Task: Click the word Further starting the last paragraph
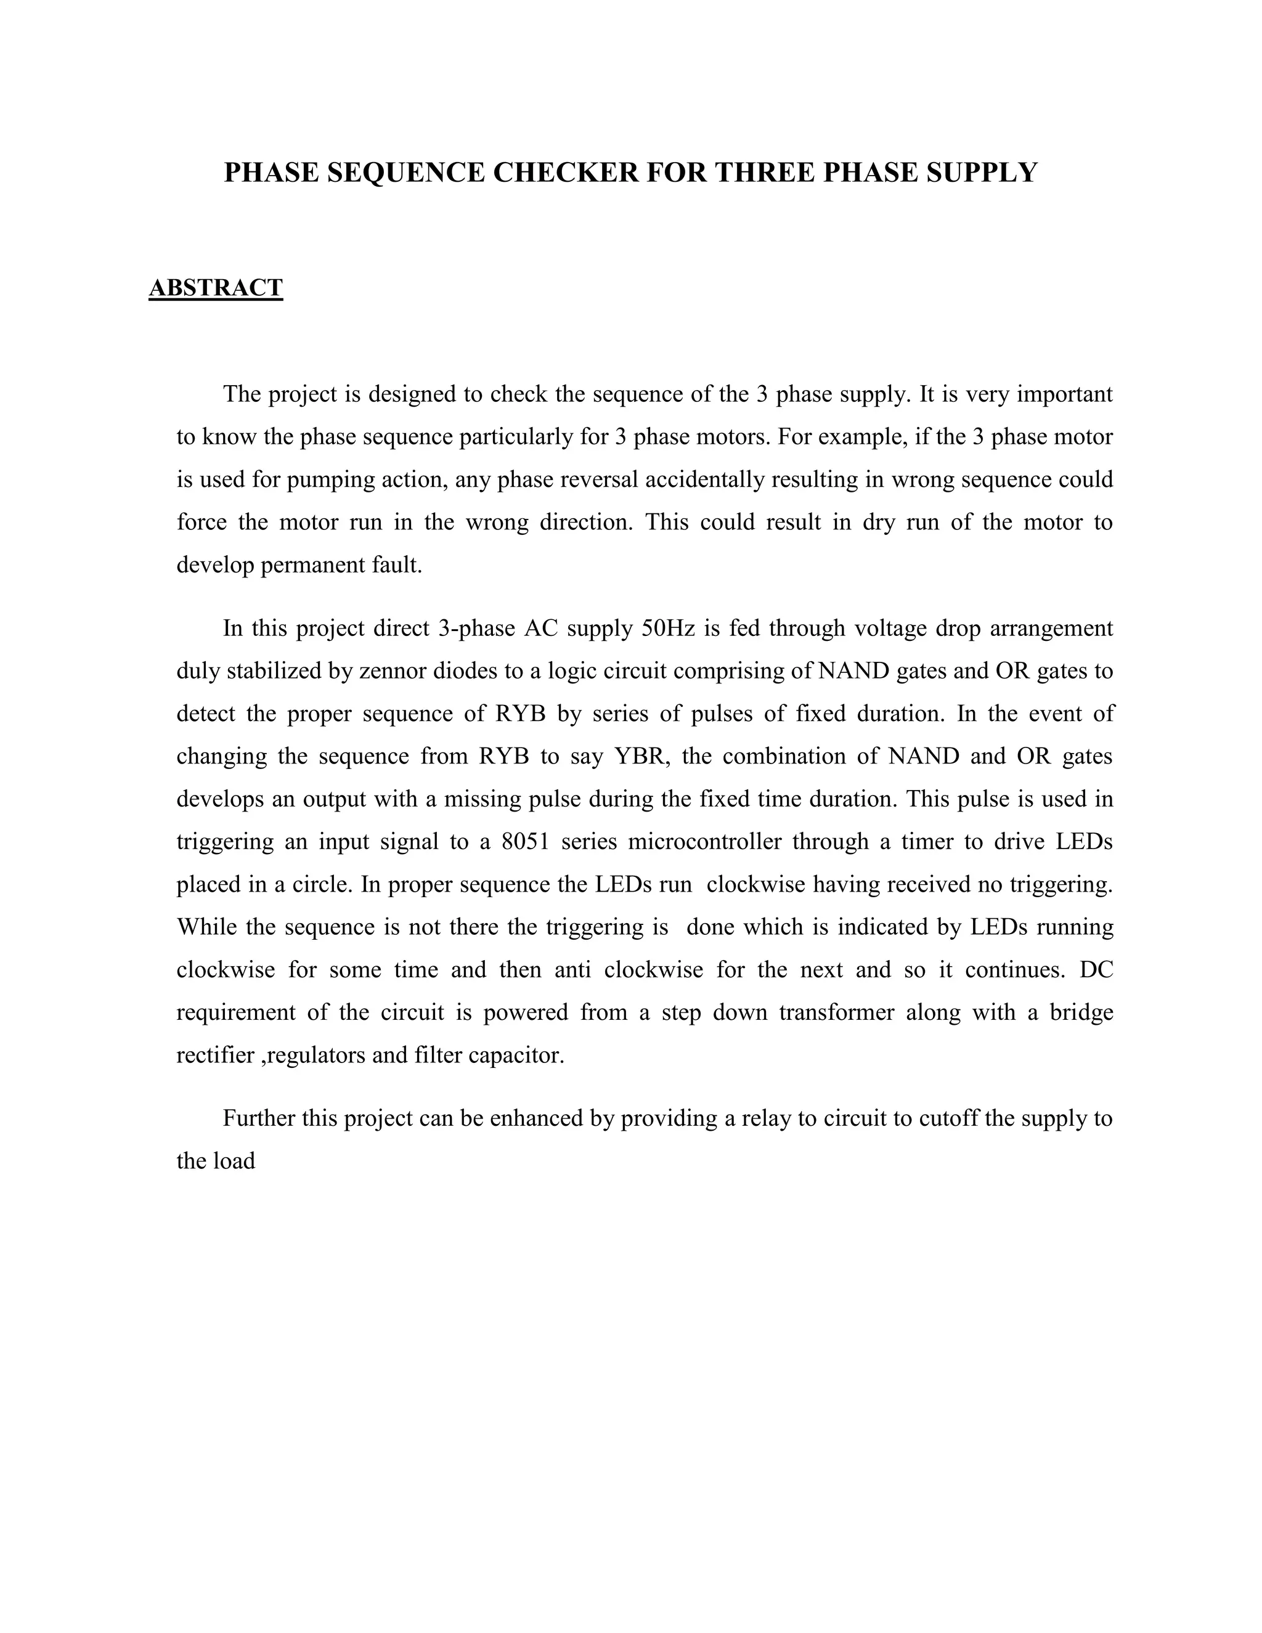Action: (x=259, y=1118)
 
